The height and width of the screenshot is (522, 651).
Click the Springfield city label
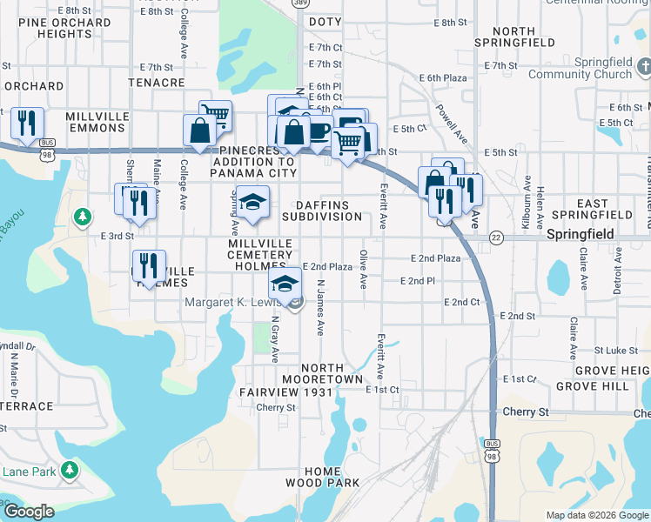pos(581,235)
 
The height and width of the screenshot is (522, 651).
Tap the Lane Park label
pos(29,472)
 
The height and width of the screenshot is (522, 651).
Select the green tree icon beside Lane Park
pos(69,471)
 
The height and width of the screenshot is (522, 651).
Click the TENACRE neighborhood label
pos(157,83)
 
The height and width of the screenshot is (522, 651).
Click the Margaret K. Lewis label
pos(234,303)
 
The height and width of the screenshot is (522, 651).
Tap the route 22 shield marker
pos(496,237)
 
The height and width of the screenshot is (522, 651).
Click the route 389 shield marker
pos(300,4)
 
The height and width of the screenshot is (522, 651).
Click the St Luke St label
pos(527,350)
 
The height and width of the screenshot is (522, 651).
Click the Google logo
pos(28,512)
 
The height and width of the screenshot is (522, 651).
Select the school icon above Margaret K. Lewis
pos(285,283)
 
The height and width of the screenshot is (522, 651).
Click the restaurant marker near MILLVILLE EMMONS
pos(27,125)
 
